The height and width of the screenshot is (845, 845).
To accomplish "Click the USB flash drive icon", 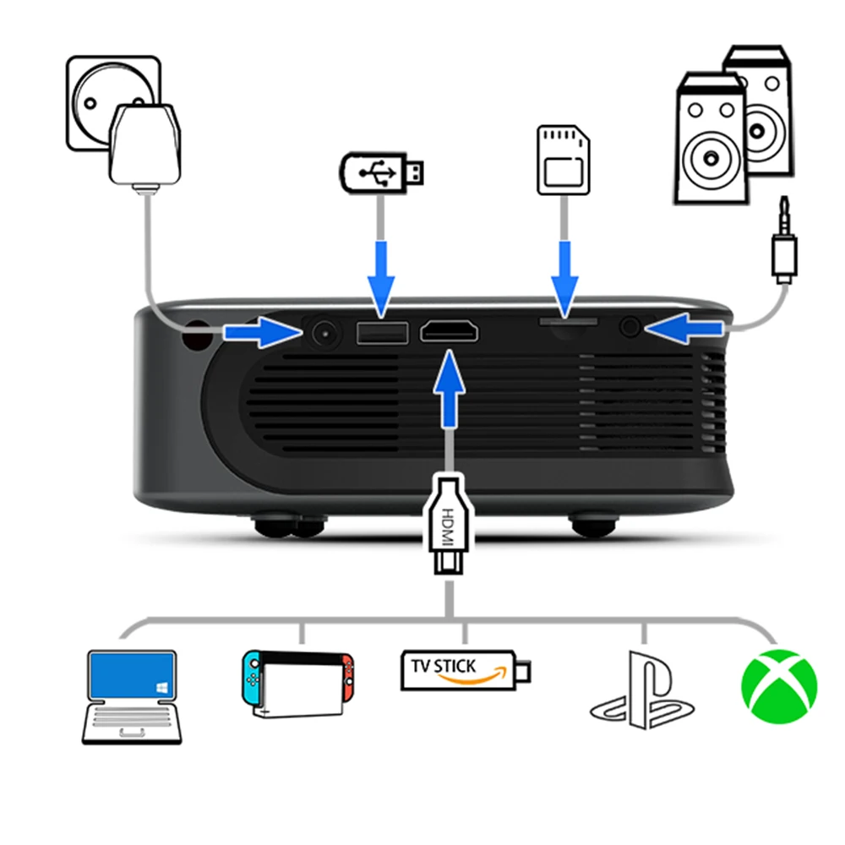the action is [381, 172].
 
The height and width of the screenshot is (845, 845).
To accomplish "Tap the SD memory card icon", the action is [564, 161].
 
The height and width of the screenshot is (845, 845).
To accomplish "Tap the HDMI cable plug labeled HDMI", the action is [447, 524].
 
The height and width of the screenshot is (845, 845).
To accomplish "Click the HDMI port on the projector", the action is [449, 331].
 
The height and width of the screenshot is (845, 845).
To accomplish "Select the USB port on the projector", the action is [382, 333].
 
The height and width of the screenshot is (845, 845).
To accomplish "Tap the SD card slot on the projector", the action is [568, 322].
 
